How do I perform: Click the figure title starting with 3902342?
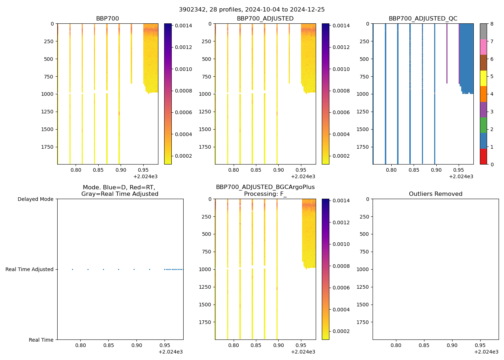(252, 10)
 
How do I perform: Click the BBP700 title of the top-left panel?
(107, 19)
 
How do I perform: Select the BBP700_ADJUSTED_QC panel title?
(423, 19)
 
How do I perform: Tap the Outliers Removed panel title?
(435, 194)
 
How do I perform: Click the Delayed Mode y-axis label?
(35, 199)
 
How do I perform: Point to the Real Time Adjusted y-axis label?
(29, 269)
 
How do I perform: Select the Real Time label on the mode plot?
(41, 340)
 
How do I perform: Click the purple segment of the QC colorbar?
(483, 109)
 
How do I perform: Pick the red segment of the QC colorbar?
(483, 157)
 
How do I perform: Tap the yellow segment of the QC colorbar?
(483, 78)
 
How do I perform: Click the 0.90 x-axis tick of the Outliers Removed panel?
(452, 346)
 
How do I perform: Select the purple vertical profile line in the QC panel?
(447, 54)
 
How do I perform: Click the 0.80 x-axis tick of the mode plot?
(80, 346)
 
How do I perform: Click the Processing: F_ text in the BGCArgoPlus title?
(265, 194)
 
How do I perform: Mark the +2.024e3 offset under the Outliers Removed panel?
(486, 352)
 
